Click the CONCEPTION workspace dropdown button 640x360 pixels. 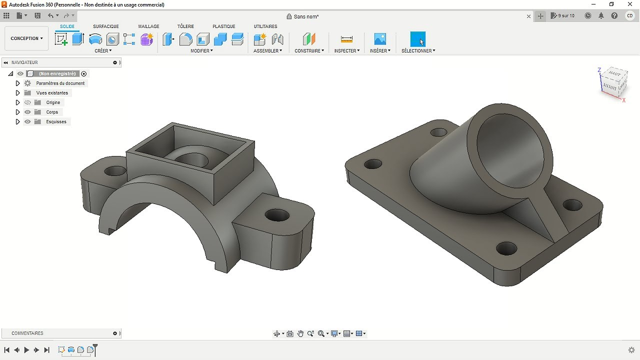(26, 38)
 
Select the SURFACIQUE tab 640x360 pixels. (106, 26)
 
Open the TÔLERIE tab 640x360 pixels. (185, 26)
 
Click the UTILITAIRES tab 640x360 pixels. (265, 26)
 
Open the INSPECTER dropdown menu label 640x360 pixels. (346, 51)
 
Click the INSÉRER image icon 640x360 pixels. (380, 39)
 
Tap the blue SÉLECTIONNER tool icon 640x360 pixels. (417, 39)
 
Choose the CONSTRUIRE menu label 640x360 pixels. (309, 51)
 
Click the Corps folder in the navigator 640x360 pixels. (52, 112)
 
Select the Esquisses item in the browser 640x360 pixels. (56, 121)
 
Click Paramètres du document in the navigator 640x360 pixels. (60, 83)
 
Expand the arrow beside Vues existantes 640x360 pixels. (17, 93)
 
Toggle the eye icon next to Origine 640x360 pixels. (27, 102)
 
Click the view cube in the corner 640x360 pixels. (612, 83)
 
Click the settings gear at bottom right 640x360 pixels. (631, 350)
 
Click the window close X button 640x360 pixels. (631, 4)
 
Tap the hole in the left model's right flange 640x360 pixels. (277, 216)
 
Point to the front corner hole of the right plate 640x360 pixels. (506, 248)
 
